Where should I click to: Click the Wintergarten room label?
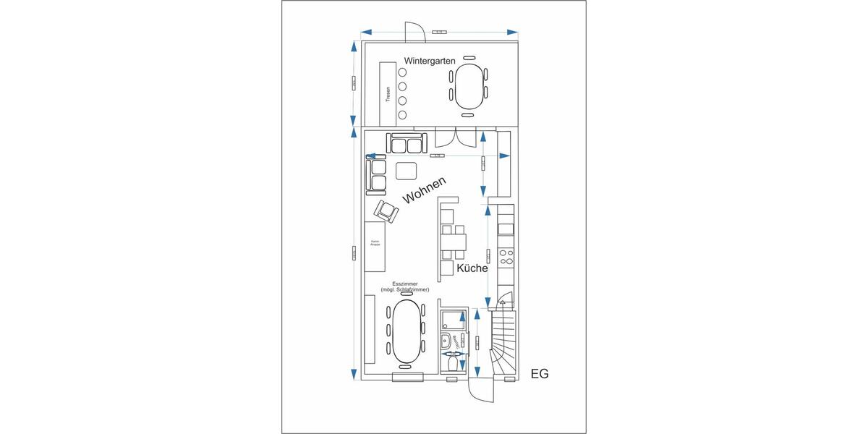(x=430, y=61)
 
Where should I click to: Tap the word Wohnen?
(x=424, y=191)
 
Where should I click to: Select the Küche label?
(x=472, y=268)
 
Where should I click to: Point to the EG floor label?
(x=540, y=374)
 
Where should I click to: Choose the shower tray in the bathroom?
(x=454, y=319)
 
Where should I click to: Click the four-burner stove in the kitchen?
(x=507, y=258)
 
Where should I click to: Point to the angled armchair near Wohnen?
(x=386, y=211)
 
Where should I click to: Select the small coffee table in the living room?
(x=407, y=171)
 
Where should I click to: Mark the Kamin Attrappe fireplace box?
(x=375, y=246)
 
